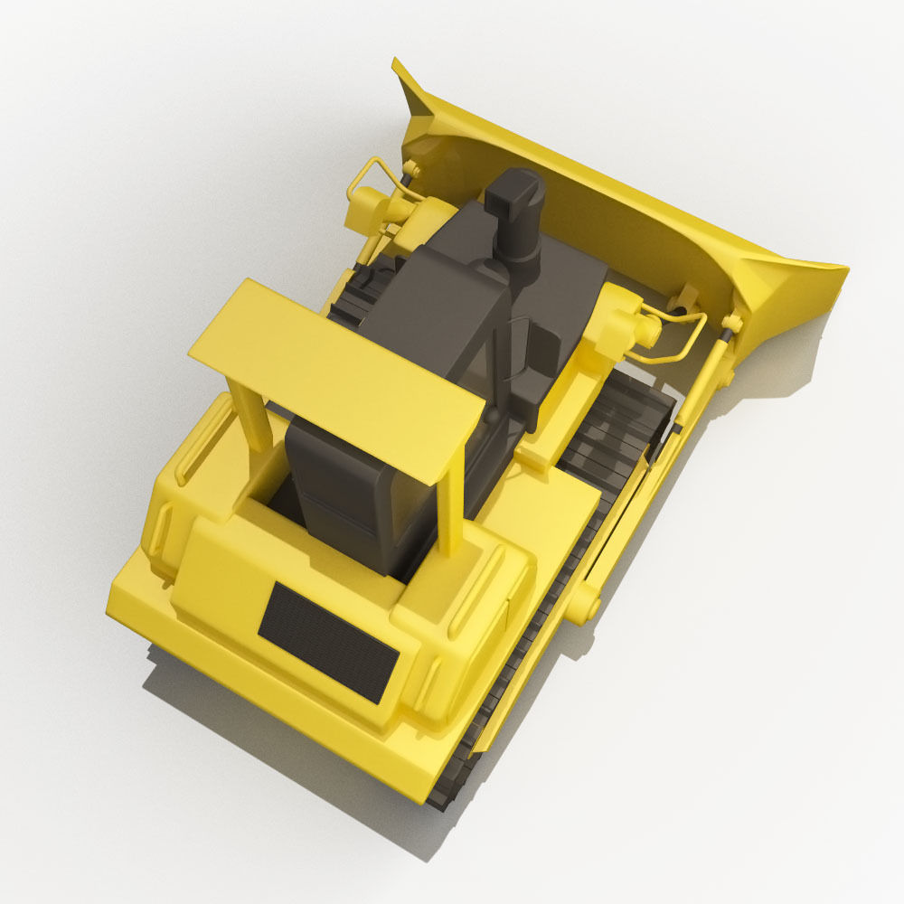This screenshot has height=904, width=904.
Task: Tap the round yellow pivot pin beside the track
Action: click(x=583, y=601)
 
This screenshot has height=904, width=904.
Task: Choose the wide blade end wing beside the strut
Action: click(x=786, y=289)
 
